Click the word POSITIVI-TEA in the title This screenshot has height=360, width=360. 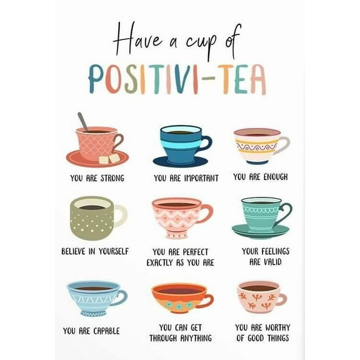[176, 79]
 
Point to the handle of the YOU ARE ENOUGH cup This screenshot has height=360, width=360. [284, 145]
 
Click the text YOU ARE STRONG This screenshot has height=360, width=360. [97, 178]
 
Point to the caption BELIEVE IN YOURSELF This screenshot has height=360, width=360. [95, 251]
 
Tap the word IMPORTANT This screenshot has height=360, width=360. [201, 178]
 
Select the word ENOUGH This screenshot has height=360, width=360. [275, 177]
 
